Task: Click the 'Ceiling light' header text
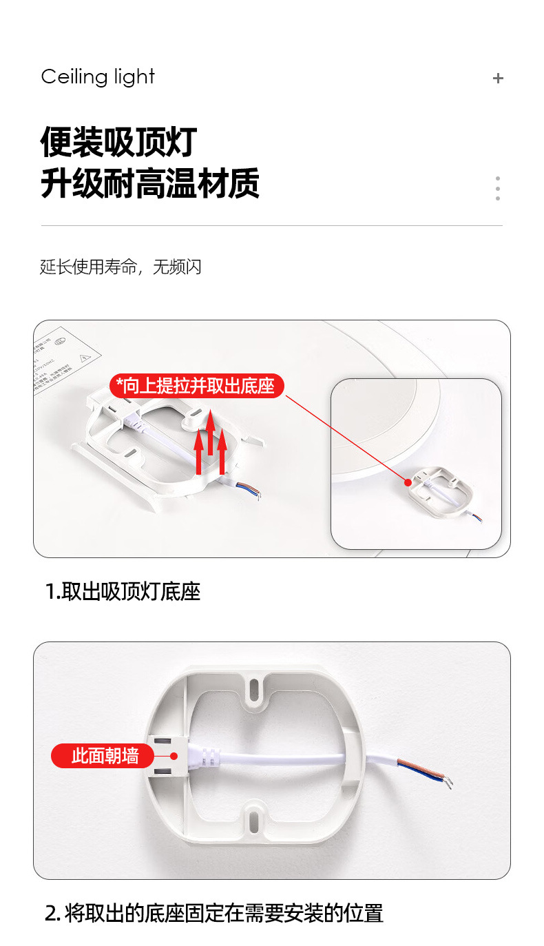[x=98, y=77]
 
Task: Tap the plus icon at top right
[x=498, y=79]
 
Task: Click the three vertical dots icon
[x=498, y=188]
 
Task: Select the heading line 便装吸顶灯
[x=118, y=142]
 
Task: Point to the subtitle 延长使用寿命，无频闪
[x=121, y=267]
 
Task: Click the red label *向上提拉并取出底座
[x=196, y=386]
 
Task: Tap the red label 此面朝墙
[x=105, y=756]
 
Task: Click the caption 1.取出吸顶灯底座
[x=123, y=591]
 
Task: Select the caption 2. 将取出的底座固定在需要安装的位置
[x=213, y=914]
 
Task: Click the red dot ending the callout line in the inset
[x=408, y=482]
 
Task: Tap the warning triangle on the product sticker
[x=85, y=358]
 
